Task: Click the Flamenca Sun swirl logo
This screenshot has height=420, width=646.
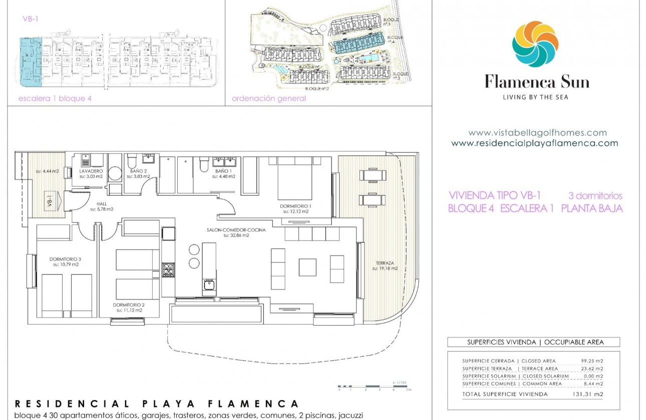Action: point(535,44)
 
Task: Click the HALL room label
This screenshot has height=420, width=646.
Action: point(102,204)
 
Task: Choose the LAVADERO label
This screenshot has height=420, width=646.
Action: point(91,171)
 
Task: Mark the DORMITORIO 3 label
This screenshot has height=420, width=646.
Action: point(65,259)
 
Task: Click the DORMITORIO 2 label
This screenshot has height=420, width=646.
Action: point(129,304)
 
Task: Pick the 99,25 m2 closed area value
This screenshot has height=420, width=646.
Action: point(591,361)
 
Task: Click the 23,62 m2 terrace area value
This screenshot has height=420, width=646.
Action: point(591,368)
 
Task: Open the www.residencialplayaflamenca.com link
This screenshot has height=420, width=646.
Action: point(534,143)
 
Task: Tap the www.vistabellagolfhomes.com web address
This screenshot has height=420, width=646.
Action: point(537,133)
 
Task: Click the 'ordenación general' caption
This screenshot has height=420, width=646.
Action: point(268,98)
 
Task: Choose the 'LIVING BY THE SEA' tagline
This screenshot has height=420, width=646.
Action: point(535,97)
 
